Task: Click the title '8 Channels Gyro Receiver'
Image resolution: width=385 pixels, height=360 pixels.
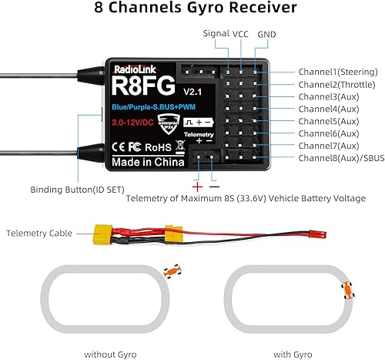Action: coord(192,10)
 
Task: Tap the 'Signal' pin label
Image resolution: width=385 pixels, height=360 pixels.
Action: coord(216,34)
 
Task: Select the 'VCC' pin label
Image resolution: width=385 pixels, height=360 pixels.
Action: coord(241,34)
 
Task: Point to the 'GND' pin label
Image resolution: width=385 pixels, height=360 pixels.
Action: coord(267,35)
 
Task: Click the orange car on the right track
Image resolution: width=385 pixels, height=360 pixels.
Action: coord(347,289)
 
